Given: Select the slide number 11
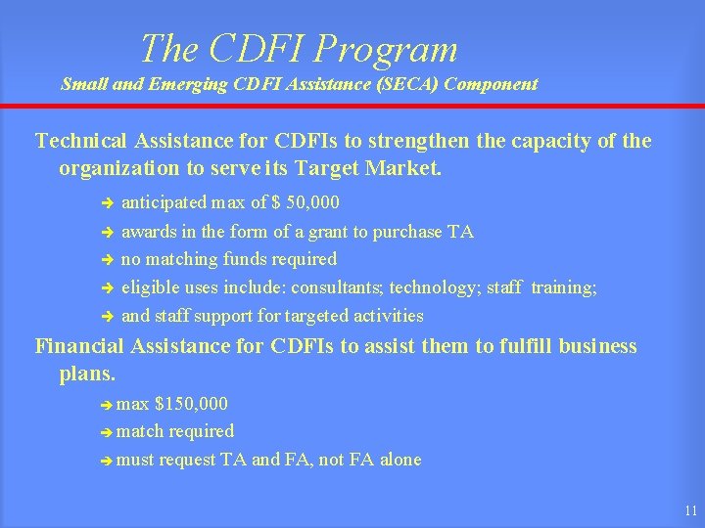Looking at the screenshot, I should click(691, 510).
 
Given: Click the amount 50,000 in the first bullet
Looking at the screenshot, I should click(311, 203).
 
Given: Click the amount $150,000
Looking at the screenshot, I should click(195, 403).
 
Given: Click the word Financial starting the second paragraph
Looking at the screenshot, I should click(80, 346).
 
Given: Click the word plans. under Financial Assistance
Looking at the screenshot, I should click(88, 374).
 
